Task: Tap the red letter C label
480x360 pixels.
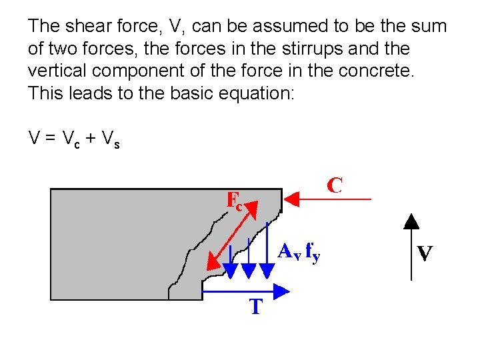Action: [335, 185]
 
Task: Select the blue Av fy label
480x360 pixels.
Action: [299, 253]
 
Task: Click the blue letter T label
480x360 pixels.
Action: [256, 307]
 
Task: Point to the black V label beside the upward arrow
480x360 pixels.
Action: [425, 253]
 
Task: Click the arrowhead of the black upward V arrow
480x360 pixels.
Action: [412, 221]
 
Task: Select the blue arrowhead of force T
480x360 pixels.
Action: [282, 291]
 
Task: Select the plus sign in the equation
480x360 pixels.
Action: [89, 139]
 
